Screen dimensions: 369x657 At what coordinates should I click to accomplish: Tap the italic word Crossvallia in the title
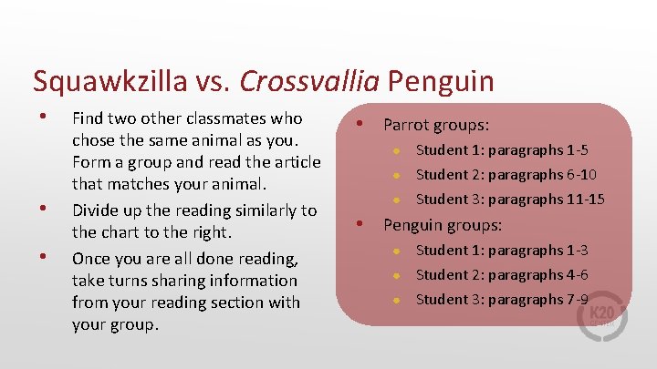pyautogui.click(x=309, y=82)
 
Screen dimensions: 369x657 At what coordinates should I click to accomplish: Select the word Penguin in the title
pyautogui.click(x=440, y=82)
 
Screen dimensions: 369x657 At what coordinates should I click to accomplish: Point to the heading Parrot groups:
pyautogui.click(x=436, y=125)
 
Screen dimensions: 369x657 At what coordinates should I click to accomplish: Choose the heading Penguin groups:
pyautogui.click(x=443, y=224)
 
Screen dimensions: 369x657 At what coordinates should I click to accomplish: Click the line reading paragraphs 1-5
pyautogui.click(x=502, y=150)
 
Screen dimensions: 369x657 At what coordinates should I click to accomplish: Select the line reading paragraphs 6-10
pyautogui.click(x=506, y=175)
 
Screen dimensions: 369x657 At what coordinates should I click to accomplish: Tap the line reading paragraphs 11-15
pyautogui.click(x=510, y=200)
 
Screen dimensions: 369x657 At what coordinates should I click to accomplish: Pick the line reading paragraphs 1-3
pyautogui.click(x=502, y=250)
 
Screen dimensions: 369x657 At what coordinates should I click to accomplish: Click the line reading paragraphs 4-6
pyautogui.click(x=502, y=274)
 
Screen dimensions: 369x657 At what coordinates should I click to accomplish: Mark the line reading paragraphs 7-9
pyautogui.click(x=502, y=299)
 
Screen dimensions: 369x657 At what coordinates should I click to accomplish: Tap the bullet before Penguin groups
pyautogui.click(x=361, y=222)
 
